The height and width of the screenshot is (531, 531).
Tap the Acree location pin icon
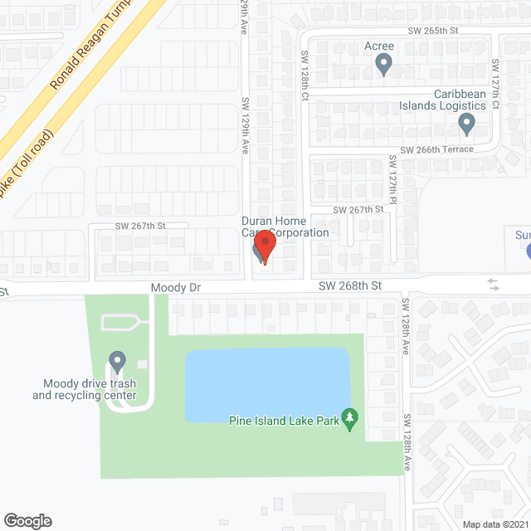click(x=383, y=64)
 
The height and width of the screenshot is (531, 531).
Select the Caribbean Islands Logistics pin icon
click(x=466, y=124)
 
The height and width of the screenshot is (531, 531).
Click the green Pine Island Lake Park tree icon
click(x=350, y=419)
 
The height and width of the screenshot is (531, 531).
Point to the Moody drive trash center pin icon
click(x=117, y=362)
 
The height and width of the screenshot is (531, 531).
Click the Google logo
click(x=27, y=521)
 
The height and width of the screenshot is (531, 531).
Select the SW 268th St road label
click(x=350, y=285)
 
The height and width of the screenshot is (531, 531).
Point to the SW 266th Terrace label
click(x=436, y=149)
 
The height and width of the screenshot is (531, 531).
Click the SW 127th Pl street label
click(x=392, y=178)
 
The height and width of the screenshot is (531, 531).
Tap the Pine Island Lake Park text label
click(x=285, y=421)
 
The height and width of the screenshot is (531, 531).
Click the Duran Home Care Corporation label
click(x=285, y=227)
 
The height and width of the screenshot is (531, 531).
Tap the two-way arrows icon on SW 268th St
click(x=494, y=285)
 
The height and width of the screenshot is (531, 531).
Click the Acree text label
click(x=379, y=46)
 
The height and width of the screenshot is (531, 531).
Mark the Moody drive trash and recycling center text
click(x=84, y=389)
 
